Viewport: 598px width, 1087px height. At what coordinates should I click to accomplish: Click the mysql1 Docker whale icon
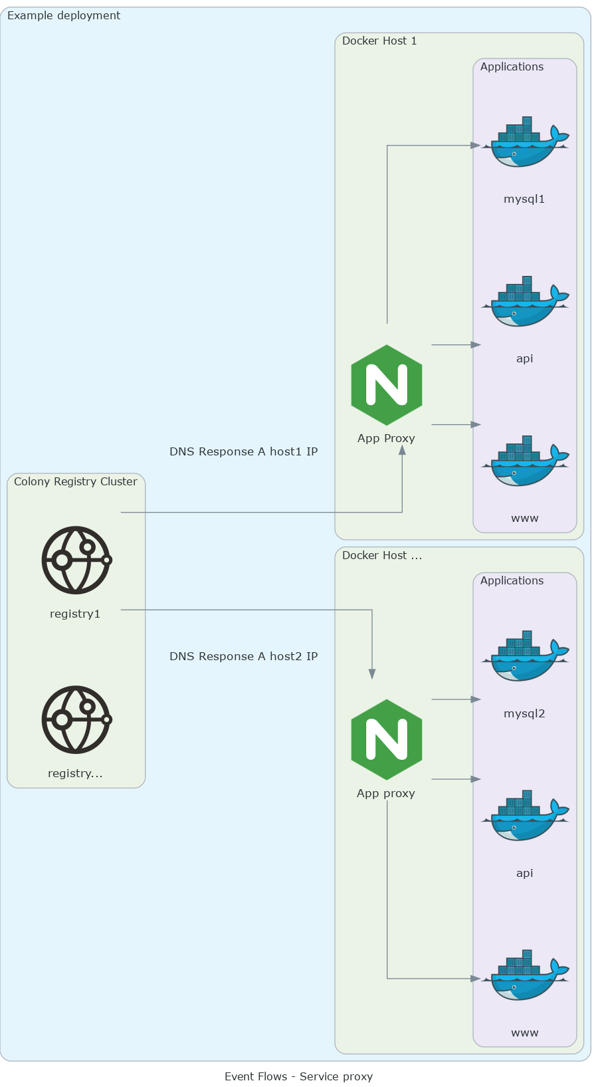click(525, 142)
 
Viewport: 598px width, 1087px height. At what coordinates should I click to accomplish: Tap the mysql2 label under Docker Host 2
click(524, 713)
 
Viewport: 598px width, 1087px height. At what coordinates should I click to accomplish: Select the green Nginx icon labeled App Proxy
click(387, 385)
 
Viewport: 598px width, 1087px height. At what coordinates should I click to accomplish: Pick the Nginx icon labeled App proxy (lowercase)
click(387, 740)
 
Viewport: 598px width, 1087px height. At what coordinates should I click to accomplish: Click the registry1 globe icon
click(76, 560)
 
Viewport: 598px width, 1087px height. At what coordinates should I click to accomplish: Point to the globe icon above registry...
click(76, 720)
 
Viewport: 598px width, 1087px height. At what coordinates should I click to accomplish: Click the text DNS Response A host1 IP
click(243, 451)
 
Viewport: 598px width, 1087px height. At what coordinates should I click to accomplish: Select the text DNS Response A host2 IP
click(243, 656)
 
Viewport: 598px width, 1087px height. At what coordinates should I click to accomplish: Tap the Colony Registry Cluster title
click(75, 481)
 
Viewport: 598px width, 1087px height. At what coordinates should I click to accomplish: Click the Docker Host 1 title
click(379, 41)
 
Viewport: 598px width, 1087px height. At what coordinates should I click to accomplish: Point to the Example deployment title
click(64, 15)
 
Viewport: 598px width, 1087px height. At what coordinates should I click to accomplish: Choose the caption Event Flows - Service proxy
click(298, 1076)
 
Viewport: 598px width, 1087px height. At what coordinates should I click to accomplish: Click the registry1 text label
click(75, 614)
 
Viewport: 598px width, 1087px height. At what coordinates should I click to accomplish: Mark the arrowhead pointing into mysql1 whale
click(476, 145)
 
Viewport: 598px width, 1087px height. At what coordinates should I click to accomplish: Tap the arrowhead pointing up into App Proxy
click(402, 450)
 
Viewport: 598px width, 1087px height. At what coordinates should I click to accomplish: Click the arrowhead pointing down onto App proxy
click(372, 674)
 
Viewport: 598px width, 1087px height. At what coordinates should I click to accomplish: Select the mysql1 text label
click(524, 199)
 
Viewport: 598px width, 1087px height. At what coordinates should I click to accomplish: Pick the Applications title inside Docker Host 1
click(512, 66)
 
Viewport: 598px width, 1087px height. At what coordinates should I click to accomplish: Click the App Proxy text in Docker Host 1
click(386, 438)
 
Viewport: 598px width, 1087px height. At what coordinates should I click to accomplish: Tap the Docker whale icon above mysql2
click(525, 656)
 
